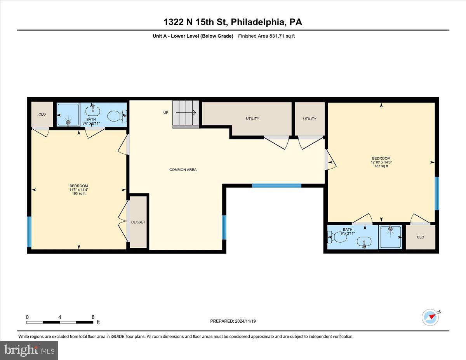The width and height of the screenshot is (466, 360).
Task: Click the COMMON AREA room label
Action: pos(183,170)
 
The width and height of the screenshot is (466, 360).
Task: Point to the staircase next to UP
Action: pos(186,113)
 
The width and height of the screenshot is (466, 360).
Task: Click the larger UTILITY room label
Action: pos(252,118)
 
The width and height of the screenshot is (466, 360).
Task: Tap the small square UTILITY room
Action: pos(310,118)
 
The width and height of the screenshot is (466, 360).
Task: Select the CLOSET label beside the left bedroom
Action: pos(138,222)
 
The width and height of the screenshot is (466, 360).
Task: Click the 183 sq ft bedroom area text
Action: pos(381,166)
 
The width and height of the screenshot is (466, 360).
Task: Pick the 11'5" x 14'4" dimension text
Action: pos(79,190)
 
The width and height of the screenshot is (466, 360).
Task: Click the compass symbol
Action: pos(430,317)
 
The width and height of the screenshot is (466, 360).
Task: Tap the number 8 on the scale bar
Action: pos(93,317)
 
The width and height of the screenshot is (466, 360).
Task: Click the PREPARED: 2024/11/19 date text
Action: pos(233,321)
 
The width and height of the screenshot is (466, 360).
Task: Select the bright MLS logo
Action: pos(29,350)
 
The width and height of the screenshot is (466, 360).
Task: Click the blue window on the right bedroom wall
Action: pos(436,193)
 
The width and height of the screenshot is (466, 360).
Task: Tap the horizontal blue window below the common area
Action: pos(276,186)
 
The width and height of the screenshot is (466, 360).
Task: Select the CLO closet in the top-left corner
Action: pos(42,114)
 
